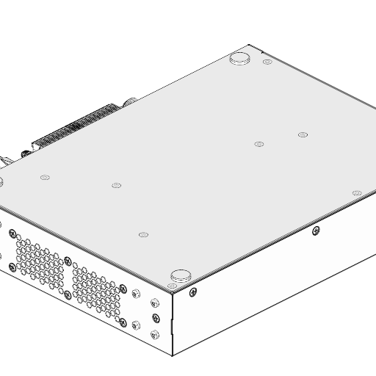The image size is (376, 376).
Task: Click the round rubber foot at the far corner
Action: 240,59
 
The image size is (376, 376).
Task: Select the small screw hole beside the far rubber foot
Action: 267,62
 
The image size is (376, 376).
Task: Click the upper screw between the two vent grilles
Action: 68,261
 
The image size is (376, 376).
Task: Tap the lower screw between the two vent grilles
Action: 68,294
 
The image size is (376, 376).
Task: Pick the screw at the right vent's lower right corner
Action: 123,323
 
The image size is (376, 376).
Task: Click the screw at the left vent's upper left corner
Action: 12,234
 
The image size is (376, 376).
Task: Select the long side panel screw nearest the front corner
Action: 193,293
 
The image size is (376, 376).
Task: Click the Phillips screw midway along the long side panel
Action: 316,231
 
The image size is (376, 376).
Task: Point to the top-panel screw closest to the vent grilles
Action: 143,235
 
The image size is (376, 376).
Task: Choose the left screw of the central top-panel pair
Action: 258,144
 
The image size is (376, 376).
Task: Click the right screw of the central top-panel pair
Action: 303,134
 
